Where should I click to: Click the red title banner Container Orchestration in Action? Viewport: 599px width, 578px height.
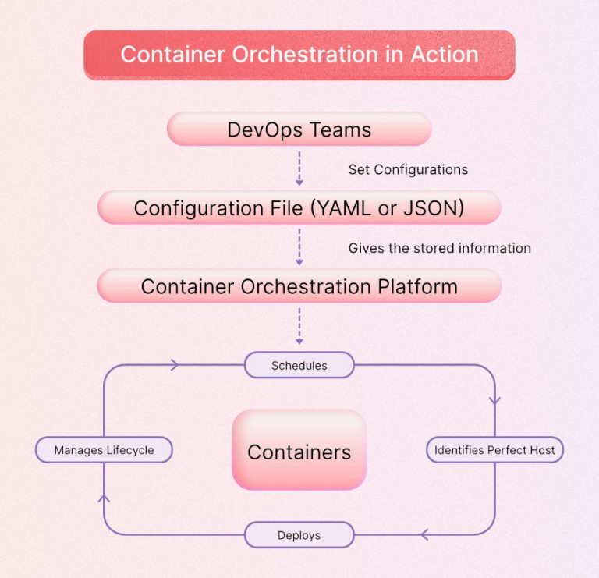click(x=299, y=55)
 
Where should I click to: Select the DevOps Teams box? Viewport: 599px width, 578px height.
click(x=299, y=129)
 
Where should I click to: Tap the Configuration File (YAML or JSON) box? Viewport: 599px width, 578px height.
click(x=299, y=208)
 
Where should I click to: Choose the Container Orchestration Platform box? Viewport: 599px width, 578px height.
click(x=299, y=286)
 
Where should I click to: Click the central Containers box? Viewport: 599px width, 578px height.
click(x=299, y=451)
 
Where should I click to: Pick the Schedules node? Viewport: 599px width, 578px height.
click(x=299, y=365)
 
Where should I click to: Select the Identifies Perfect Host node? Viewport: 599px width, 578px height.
click(x=494, y=450)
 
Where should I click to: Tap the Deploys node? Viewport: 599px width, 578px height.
click(x=299, y=535)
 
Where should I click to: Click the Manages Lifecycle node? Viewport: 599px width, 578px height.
click(x=104, y=450)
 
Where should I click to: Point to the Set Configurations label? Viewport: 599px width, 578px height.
click(x=408, y=169)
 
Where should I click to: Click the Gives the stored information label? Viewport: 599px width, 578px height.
click(x=439, y=248)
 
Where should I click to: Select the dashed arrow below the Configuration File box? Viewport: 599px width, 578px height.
click(x=299, y=246)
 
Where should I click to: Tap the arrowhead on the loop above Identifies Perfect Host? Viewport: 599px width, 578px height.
click(x=494, y=400)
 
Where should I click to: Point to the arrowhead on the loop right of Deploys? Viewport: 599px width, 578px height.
click(x=426, y=535)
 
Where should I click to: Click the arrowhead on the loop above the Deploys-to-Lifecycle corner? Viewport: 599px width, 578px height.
click(x=105, y=498)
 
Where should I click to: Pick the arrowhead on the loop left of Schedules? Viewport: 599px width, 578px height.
click(x=174, y=364)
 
